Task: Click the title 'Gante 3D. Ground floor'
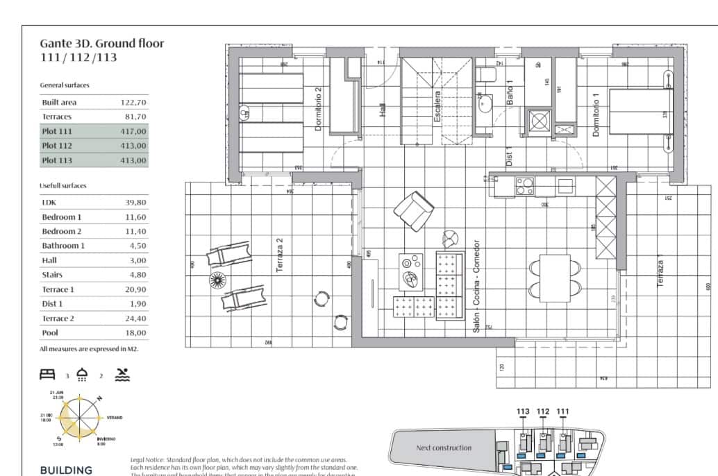tap(102, 44)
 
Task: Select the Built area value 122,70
tap(133, 102)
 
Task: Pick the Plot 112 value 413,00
tap(133, 146)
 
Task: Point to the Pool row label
tap(51, 333)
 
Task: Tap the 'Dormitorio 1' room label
tap(595, 114)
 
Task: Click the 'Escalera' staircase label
tap(437, 107)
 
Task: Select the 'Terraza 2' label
tap(279, 255)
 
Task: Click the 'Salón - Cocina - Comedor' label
tap(476, 287)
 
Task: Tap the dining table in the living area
tap(555, 278)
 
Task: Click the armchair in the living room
tap(414, 210)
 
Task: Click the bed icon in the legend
tap(47, 375)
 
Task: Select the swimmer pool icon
tap(122, 375)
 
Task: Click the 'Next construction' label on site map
tap(443, 448)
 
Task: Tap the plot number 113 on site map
tap(523, 411)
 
